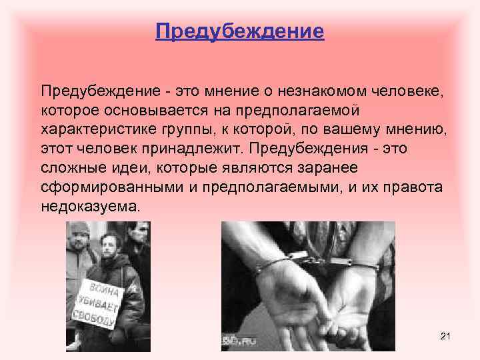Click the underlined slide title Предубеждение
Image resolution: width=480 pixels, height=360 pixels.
coord(240,31)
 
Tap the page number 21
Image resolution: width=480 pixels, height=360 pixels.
coord(446,337)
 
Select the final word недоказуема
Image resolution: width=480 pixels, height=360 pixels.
coord(90,207)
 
